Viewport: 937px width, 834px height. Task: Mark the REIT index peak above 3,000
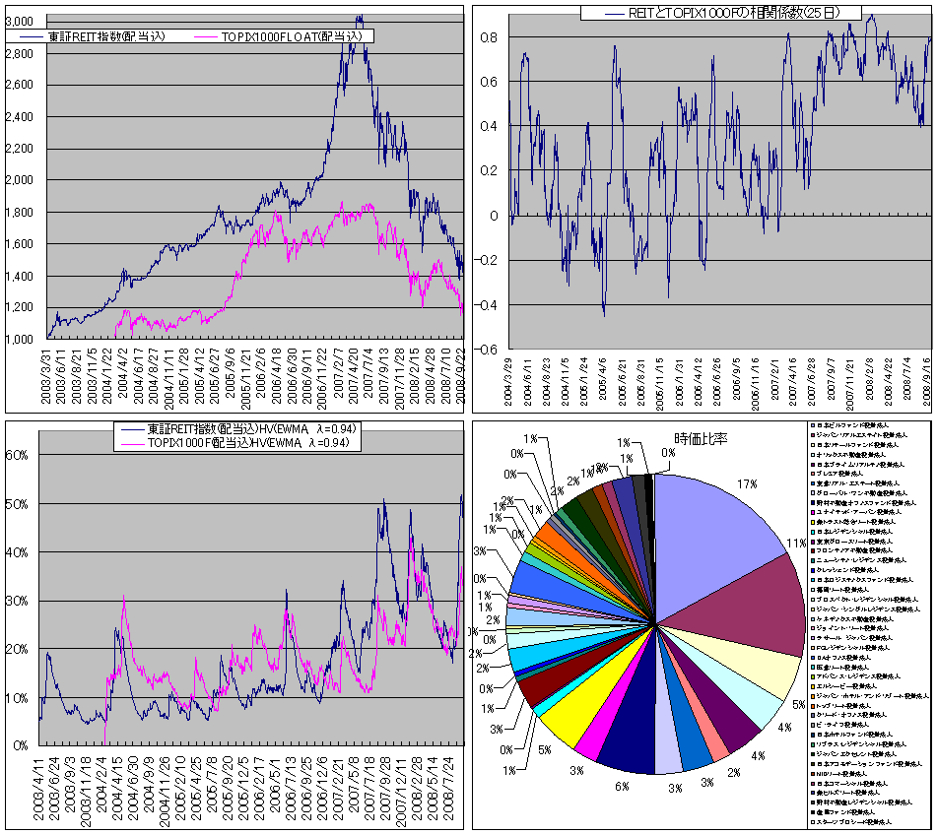click(360, 17)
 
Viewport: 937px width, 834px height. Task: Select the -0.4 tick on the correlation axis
click(490, 305)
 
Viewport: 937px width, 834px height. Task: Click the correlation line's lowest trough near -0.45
click(603, 313)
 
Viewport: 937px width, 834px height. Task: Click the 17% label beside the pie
click(746, 484)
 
